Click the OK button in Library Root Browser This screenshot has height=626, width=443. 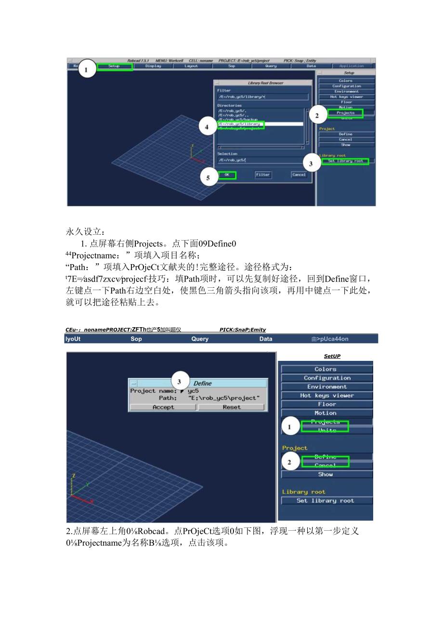coord(227,175)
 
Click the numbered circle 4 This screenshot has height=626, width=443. coord(207,127)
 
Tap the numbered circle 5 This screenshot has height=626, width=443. coord(208,178)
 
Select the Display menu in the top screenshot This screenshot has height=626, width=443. coord(153,66)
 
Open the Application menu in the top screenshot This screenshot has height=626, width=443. coord(352,66)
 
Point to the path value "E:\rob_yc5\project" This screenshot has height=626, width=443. coord(224,398)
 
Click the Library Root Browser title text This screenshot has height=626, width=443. coord(265,83)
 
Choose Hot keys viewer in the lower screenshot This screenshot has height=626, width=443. coord(327,396)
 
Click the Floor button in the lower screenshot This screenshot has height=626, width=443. coord(327,404)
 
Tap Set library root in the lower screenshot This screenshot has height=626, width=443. coord(327,500)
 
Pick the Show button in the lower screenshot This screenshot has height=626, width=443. coord(326,474)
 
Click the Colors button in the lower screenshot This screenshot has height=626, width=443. coord(326,369)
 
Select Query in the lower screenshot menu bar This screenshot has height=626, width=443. coord(200,339)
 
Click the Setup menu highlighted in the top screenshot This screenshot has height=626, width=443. coord(114,66)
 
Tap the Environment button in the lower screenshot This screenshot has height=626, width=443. coord(327,386)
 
